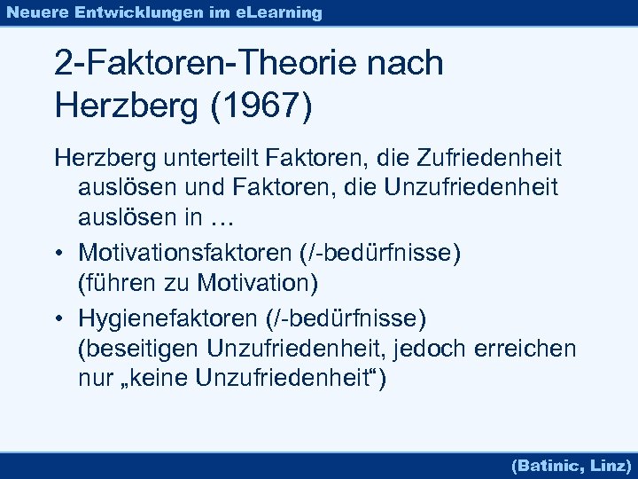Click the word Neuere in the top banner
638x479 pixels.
coord(38,12)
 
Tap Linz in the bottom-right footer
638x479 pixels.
coord(610,464)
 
